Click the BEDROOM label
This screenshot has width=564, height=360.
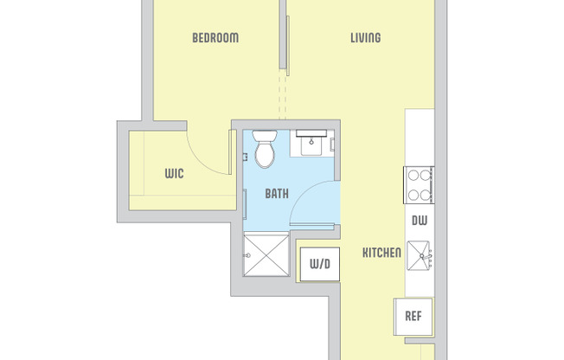pyautogui.click(x=215, y=38)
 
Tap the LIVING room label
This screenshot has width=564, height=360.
pyautogui.click(x=365, y=38)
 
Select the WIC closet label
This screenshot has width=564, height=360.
pyautogui.click(x=174, y=173)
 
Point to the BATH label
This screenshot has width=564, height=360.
pyautogui.click(x=277, y=194)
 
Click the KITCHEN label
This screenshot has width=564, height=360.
pyautogui.click(x=381, y=253)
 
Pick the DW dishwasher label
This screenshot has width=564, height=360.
pyautogui.click(x=420, y=221)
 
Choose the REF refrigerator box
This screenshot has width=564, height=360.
pyautogui.click(x=413, y=315)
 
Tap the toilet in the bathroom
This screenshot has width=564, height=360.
pyautogui.click(x=265, y=150)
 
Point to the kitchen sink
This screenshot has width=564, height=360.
pyautogui.click(x=420, y=256)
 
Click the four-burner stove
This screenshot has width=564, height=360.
pyautogui.click(x=419, y=184)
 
